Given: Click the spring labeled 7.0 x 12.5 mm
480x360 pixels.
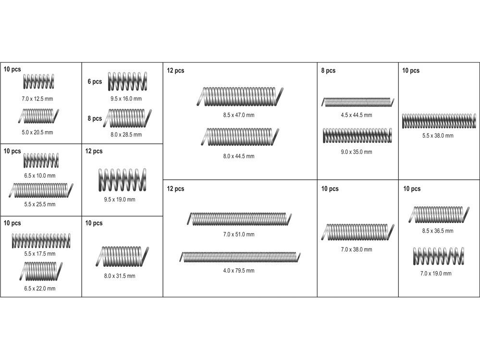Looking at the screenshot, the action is tap(38, 81).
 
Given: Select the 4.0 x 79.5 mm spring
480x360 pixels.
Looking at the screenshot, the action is tap(240, 257).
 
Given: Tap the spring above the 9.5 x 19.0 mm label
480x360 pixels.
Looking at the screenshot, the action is tap(122, 180).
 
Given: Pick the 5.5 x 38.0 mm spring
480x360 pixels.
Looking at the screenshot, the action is tap(439, 121).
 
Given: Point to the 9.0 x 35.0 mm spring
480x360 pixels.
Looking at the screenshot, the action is tap(357, 136).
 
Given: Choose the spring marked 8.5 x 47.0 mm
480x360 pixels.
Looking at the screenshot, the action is tap(240, 97).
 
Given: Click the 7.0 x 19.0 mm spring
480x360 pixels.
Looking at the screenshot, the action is tap(438, 256).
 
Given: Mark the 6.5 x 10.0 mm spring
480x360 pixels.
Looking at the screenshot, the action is tap(41, 161).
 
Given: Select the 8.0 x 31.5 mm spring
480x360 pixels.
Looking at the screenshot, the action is tap(122, 256).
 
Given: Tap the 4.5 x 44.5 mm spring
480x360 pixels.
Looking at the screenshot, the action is tap(357, 102).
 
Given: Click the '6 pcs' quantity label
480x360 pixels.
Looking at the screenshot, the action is tap(95, 81).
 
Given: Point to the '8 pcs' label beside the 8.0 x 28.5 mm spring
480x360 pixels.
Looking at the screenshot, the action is tap(95, 118).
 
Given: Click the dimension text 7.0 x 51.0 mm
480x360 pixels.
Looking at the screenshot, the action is tap(239, 235).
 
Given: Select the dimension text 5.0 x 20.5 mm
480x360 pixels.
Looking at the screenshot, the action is tap(37, 133).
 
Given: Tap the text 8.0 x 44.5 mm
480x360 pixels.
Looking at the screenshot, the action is tap(239, 156).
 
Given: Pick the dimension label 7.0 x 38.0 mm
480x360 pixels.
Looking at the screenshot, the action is tap(357, 249).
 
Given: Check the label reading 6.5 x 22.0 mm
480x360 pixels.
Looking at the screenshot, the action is tap(40, 288).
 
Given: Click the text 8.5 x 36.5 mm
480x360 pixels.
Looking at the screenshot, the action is tap(438, 231).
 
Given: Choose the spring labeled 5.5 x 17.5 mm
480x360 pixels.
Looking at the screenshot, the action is tap(41, 241).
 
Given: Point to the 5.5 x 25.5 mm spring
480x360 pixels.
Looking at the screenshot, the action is tap(41, 190).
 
